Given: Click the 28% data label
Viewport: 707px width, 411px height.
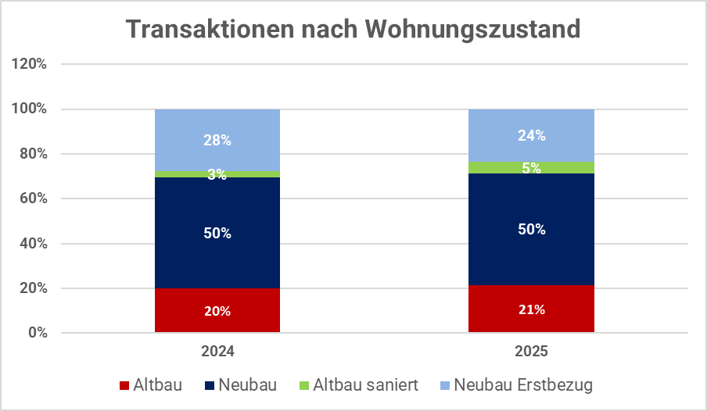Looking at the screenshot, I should pos(217,141).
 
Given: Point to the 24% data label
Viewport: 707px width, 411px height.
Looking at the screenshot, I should pos(531,135).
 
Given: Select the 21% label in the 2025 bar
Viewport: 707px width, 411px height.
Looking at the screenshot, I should pos(531,309).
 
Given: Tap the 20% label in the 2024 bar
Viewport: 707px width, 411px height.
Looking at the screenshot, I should pos(217,311).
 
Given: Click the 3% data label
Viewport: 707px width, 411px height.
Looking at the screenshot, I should pos(217,175).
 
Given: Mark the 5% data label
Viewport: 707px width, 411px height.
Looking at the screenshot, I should pos(531,168).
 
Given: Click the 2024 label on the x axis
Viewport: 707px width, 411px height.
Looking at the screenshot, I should pos(217,352).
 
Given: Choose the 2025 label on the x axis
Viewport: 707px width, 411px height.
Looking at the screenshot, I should pos(531,352).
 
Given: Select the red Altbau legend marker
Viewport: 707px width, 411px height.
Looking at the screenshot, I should pos(124,386).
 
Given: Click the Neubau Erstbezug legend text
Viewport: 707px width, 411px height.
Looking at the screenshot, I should pos(523,385).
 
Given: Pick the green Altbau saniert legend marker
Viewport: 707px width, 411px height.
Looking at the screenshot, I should pos(304,386).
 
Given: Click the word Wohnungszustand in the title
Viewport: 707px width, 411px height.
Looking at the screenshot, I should pos(472,30).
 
